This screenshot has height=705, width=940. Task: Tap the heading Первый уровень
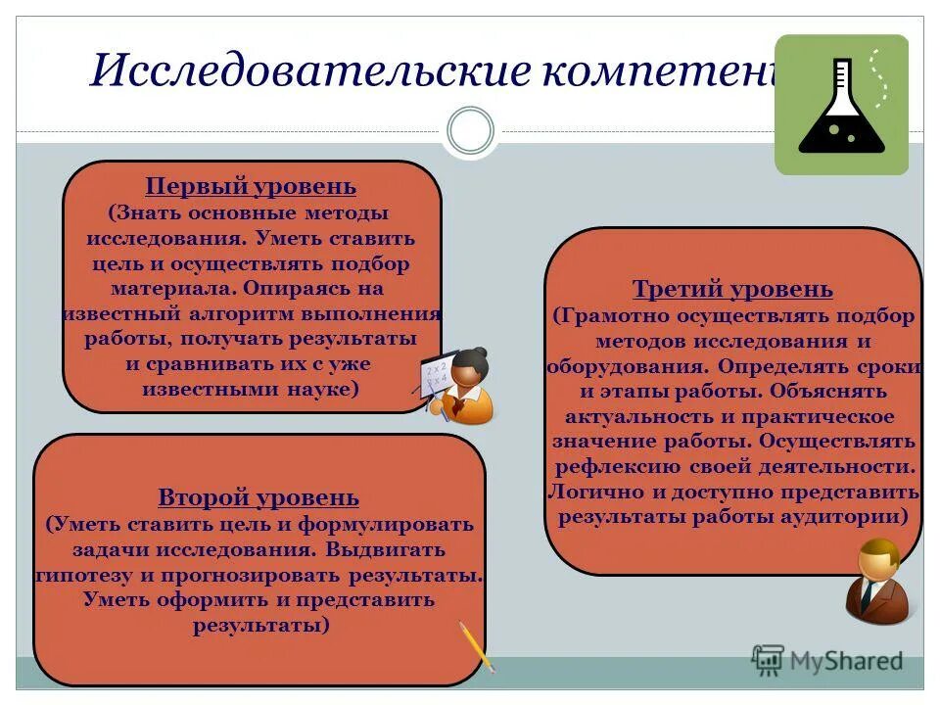[251, 186]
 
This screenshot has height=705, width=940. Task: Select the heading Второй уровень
[258, 498]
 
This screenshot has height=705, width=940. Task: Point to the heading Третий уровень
[732, 289]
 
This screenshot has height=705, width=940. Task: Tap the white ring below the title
[470, 131]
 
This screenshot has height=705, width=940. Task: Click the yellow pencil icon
[476, 645]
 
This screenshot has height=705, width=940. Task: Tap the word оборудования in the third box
[624, 366]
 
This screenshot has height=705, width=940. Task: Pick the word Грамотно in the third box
[615, 316]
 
